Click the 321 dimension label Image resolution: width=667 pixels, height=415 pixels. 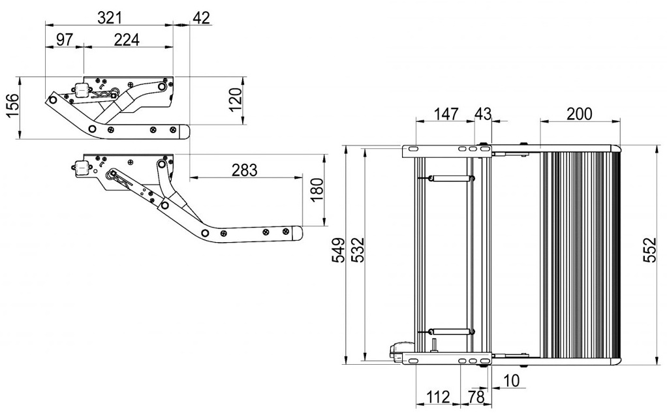(x=110, y=18)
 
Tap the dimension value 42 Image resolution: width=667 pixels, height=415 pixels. (x=202, y=18)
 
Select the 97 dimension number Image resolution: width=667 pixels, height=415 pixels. (x=65, y=40)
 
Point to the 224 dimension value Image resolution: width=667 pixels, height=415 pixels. (x=127, y=40)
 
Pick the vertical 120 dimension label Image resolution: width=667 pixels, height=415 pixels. (x=235, y=100)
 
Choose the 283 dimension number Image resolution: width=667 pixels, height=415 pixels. (x=245, y=170)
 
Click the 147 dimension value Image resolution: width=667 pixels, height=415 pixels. (x=446, y=114)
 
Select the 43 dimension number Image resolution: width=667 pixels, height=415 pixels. (x=483, y=114)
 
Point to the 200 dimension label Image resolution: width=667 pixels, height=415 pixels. (x=580, y=114)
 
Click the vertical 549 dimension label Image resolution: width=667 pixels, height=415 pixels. (x=339, y=250)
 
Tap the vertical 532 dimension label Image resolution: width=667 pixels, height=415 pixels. (x=358, y=250)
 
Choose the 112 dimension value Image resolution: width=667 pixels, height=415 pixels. (x=437, y=397)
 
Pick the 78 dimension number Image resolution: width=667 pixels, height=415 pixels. (x=476, y=397)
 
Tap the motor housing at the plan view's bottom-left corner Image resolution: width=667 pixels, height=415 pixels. (x=400, y=351)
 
